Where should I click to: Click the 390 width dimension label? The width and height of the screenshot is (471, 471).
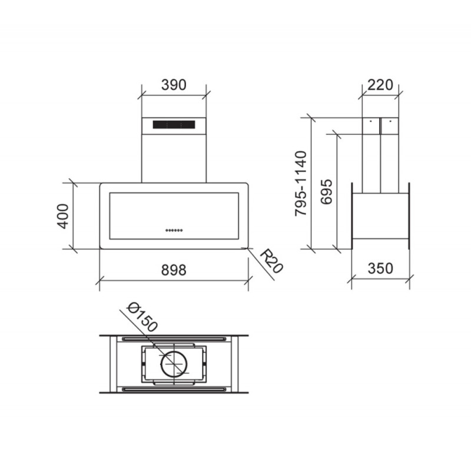174,85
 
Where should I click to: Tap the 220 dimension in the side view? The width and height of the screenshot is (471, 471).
380,85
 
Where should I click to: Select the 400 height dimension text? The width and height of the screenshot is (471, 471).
63,216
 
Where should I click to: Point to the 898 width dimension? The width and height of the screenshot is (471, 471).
173,270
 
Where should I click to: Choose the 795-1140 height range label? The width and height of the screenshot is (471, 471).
301,183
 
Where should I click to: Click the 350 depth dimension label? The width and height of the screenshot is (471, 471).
380,268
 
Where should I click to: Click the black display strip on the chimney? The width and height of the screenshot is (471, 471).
174,125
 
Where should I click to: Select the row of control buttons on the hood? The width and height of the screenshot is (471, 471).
174,230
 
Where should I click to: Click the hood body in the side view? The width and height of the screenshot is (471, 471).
380,215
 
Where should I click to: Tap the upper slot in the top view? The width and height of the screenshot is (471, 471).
174,339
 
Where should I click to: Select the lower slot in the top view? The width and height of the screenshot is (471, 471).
174,390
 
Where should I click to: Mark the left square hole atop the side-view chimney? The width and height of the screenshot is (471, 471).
372,124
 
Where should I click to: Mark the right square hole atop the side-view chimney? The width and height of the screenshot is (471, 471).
389,124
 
